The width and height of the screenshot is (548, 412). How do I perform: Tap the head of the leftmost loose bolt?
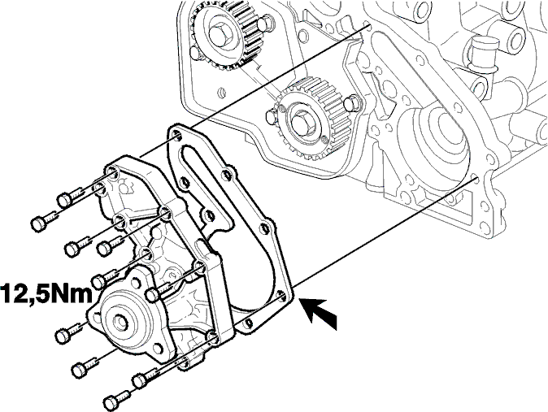(39, 224)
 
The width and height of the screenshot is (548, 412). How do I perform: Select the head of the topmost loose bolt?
(64, 200)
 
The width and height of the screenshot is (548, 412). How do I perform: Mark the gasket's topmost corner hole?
(176, 136)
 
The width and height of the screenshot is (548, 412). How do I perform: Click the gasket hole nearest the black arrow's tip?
(281, 297)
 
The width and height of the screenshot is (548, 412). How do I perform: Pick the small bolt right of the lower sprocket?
(351, 103)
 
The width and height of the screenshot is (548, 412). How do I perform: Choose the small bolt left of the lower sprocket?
(272, 116)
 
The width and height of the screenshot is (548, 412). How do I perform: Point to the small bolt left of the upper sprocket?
(197, 52)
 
